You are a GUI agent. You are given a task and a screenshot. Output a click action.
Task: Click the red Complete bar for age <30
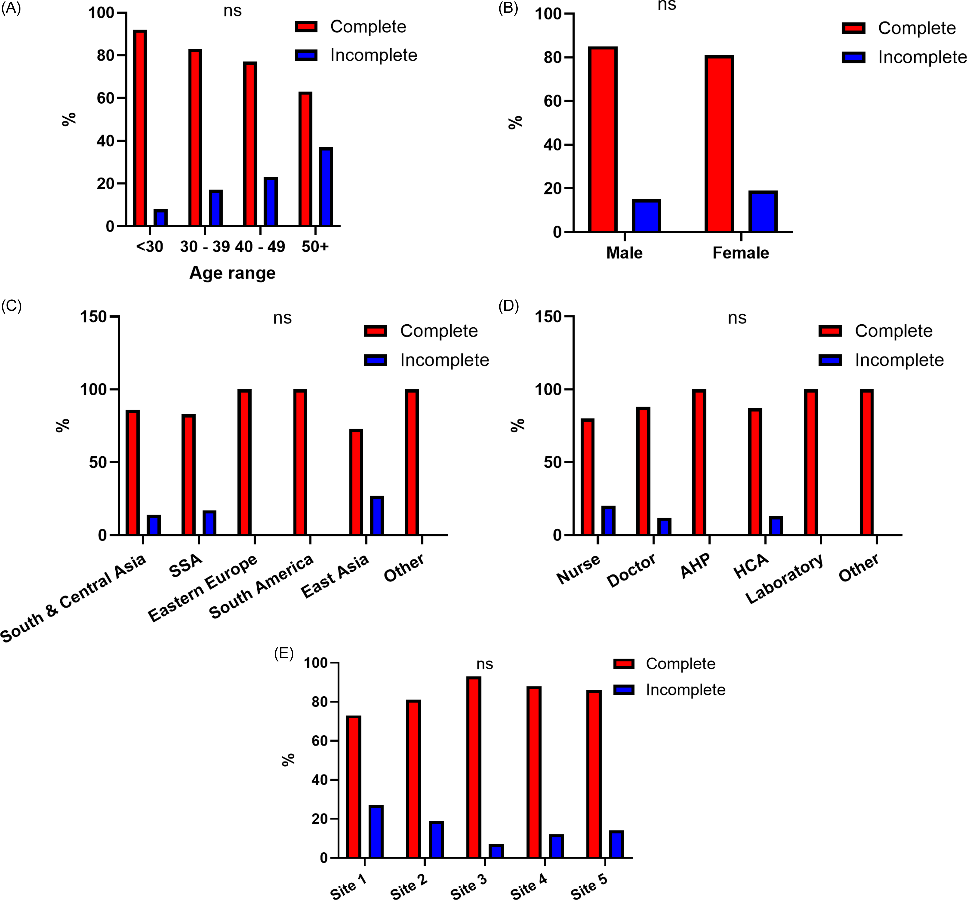point(140,128)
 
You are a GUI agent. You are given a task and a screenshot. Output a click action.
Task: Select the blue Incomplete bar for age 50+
point(326,187)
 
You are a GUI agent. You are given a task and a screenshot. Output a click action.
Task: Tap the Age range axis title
point(232,273)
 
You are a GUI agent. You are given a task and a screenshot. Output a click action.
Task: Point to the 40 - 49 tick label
point(260,247)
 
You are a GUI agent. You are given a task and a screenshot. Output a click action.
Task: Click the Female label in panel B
point(741,253)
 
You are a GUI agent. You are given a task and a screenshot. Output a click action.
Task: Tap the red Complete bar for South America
point(300,462)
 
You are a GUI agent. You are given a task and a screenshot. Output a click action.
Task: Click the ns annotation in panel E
point(485,664)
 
